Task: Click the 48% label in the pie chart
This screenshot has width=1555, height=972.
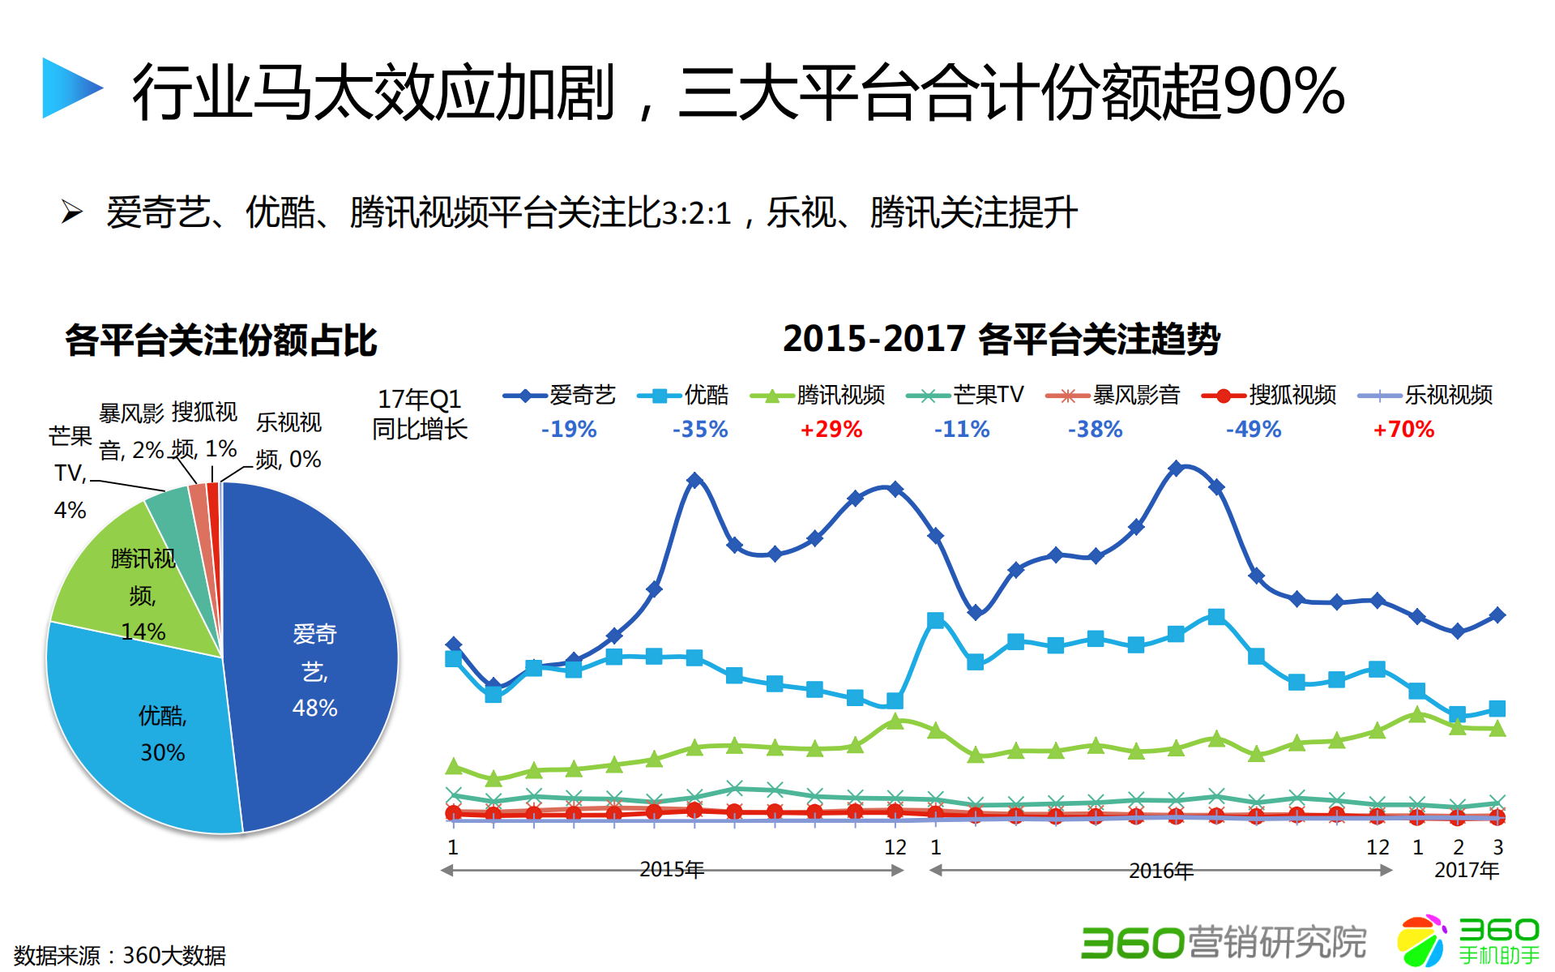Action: pyautogui.click(x=314, y=708)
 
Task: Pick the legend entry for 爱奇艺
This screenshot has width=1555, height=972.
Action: pyautogui.click(x=559, y=396)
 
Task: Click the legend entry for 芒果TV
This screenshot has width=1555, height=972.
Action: pyautogui.click(x=965, y=396)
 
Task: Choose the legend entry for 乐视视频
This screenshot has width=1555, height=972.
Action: pyautogui.click(x=1425, y=396)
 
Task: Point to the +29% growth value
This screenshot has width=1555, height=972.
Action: pyautogui.click(x=831, y=430)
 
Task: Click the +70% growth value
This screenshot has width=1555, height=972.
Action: pyautogui.click(x=1403, y=430)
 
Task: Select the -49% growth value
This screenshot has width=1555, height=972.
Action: pyautogui.click(x=1254, y=430)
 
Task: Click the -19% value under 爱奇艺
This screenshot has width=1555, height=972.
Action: pyautogui.click(x=569, y=430)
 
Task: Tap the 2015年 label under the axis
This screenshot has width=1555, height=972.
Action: pyautogui.click(x=671, y=870)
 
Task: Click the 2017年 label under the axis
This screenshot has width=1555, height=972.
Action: pyautogui.click(x=1466, y=871)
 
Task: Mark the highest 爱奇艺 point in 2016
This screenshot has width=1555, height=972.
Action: pyautogui.click(x=1176, y=468)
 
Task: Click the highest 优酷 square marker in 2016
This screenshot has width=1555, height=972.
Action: pyautogui.click(x=1215, y=617)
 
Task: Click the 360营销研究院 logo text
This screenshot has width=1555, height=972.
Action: pyautogui.click(x=1224, y=942)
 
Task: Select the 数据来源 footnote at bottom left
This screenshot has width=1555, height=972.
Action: pyautogui.click(x=120, y=955)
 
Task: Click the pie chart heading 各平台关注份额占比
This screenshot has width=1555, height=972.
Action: pyautogui.click(x=220, y=340)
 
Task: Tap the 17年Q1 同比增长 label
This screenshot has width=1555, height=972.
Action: pyautogui.click(x=420, y=413)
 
